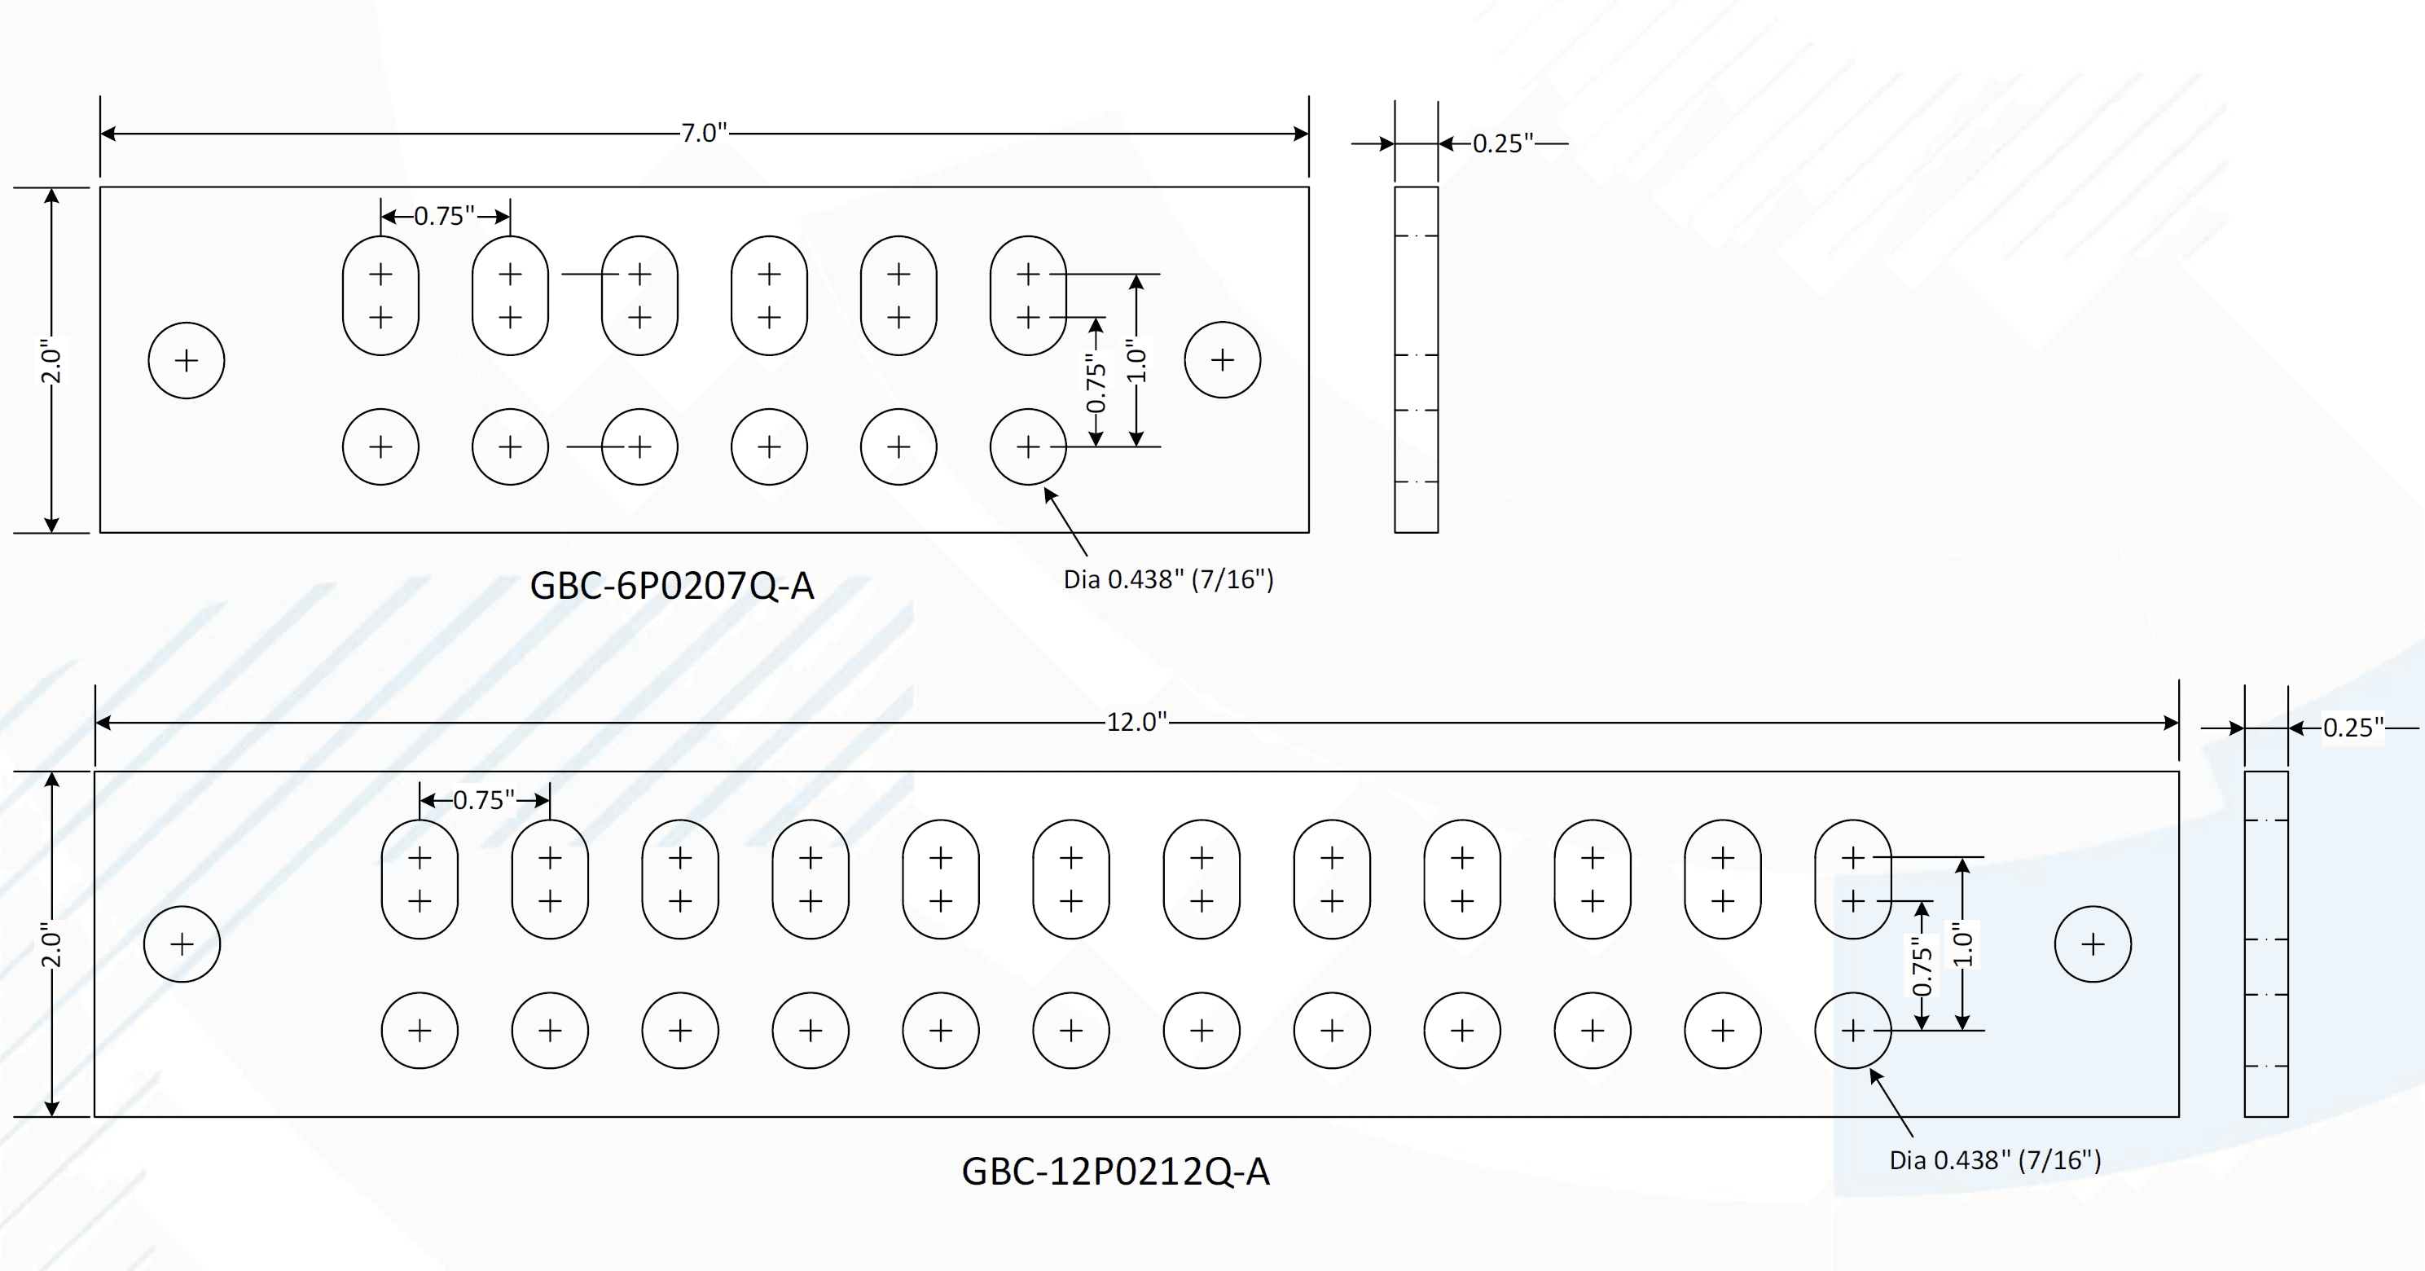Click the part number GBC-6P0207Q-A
coord(671,586)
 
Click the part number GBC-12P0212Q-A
coord(1114,1172)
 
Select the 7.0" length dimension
coord(704,133)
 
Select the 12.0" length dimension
coord(1136,722)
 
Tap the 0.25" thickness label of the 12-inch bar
coord(2353,728)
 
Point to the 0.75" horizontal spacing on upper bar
coord(444,217)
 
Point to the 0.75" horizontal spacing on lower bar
coord(484,800)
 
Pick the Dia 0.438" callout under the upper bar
coord(1168,580)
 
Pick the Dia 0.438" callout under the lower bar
coord(1995,1160)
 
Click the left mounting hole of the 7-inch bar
coord(187,361)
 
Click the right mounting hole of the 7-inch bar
coord(1222,359)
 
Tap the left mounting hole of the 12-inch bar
coord(182,944)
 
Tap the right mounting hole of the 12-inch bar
coord(2093,944)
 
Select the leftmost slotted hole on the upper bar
coord(380,296)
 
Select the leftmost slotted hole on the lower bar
coord(420,879)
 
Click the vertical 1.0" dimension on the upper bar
coord(1137,359)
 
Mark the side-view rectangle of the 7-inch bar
coord(1416,359)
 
